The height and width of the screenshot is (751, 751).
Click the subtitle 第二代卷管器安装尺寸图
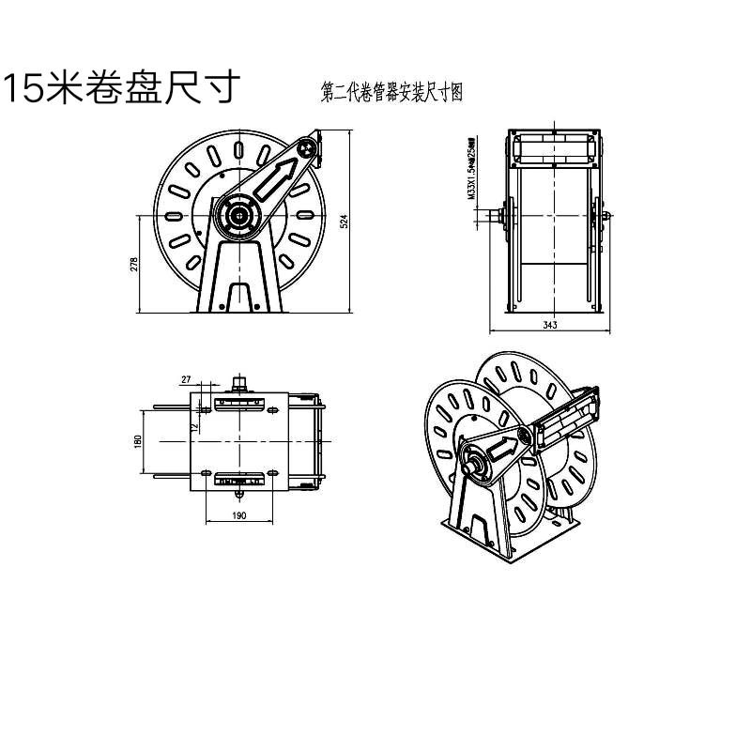point(392,92)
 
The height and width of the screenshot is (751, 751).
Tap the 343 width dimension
point(550,325)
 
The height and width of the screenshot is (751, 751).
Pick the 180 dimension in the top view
point(137,440)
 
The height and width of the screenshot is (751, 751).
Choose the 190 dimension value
point(239,517)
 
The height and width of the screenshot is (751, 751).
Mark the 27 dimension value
point(186,379)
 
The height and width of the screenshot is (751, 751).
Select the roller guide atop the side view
point(554,148)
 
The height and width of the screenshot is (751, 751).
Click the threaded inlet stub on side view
point(493,218)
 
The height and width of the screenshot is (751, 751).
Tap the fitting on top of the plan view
point(240,383)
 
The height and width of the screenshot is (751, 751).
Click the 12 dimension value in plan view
point(194,427)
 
